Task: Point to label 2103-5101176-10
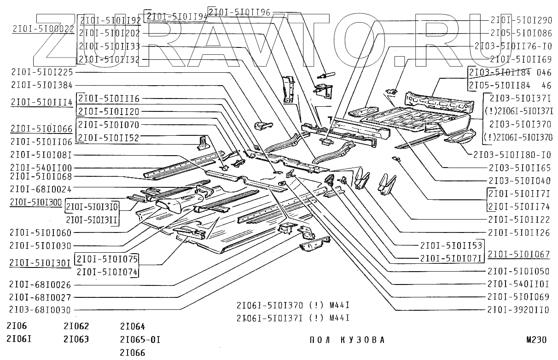click(513, 46)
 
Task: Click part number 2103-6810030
click(40, 310)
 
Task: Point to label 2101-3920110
click(518, 310)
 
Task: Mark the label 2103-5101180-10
click(512, 155)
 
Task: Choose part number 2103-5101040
click(520, 180)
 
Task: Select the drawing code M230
click(536, 341)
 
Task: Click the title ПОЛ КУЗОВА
click(346, 341)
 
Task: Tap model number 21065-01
click(140, 340)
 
